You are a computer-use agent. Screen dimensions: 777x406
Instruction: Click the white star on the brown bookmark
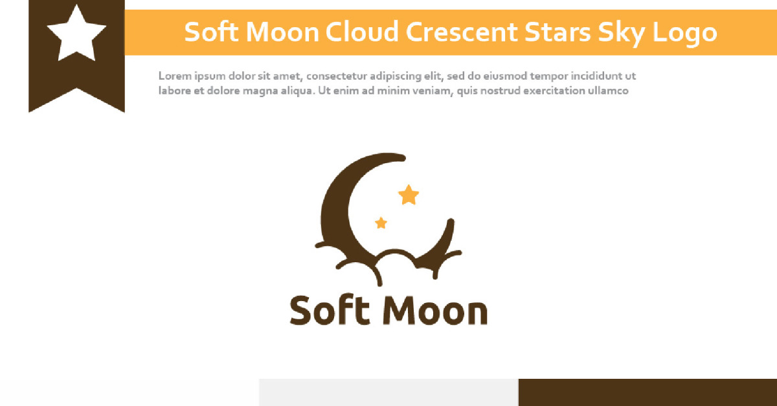(x=76, y=34)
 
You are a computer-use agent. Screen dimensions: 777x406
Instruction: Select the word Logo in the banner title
(x=684, y=34)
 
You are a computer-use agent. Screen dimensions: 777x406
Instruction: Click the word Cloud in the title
(x=362, y=32)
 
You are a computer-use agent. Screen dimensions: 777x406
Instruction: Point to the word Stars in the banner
(x=557, y=32)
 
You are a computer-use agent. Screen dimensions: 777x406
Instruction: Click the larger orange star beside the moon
(x=409, y=195)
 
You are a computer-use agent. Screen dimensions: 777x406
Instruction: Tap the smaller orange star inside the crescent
(x=381, y=223)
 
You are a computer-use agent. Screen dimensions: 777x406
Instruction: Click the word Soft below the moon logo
(x=330, y=310)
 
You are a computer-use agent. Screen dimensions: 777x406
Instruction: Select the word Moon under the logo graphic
(x=435, y=311)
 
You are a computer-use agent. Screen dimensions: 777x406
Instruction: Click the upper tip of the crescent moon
(x=402, y=158)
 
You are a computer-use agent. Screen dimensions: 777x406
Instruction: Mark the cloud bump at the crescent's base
(x=395, y=251)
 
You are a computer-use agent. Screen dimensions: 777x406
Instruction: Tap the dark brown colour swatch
(x=647, y=392)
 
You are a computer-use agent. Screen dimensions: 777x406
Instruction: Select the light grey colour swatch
(x=389, y=392)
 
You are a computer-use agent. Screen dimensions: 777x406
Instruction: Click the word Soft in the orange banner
(x=211, y=32)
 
